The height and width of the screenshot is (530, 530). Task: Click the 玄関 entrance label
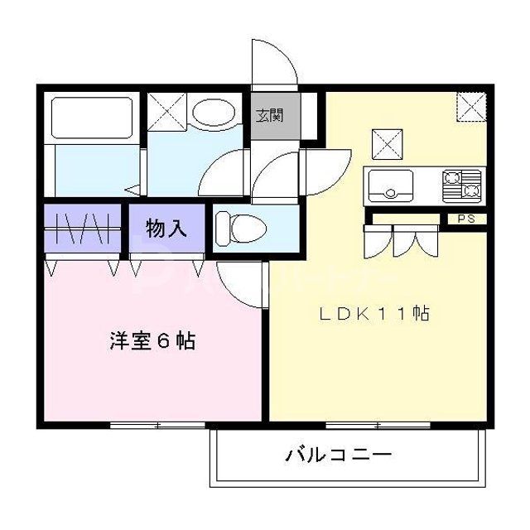click(x=268, y=114)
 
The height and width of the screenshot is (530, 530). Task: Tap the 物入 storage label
click(x=166, y=229)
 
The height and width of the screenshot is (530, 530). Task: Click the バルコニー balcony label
click(x=340, y=455)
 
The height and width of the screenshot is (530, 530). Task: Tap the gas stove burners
click(x=462, y=185)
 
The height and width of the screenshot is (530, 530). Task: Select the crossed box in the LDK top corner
click(x=473, y=107)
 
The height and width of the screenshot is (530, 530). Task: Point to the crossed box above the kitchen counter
click(x=385, y=144)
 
